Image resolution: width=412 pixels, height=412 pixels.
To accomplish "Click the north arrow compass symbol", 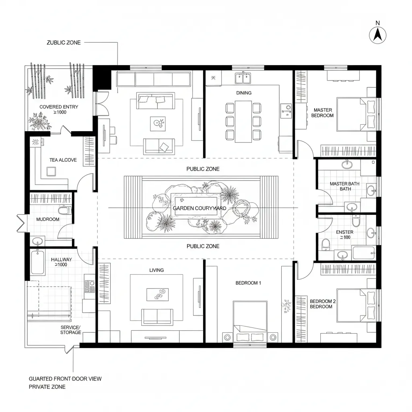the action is [377, 35].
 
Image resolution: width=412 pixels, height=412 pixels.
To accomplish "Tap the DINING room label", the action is [244, 93].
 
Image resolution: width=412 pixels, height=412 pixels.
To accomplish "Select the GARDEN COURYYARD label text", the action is [200, 208].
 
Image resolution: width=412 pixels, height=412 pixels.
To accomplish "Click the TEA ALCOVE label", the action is [63, 160].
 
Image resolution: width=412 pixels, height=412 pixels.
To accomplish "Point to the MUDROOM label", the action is [48, 219].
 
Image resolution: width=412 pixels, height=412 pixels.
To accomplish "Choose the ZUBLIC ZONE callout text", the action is [64, 43].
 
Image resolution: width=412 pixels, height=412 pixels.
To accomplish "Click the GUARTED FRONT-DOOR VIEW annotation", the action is [65, 379].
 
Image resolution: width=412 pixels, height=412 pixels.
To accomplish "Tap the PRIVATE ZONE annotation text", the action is [47, 387].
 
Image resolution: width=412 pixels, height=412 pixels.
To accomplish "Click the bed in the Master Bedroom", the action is [356, 114].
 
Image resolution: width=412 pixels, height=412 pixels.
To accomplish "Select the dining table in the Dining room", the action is [243, 122].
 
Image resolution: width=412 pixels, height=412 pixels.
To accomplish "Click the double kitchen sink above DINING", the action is [243, 78].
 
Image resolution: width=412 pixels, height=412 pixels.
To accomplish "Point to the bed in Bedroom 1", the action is [250, 322].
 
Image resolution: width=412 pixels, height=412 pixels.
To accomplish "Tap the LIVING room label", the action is [157, 270].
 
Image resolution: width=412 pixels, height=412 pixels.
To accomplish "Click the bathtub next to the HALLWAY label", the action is [37, 262].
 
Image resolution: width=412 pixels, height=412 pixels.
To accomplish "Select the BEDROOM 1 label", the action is [248, 283].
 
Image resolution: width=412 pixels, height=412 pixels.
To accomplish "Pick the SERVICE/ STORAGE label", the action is [71, 330].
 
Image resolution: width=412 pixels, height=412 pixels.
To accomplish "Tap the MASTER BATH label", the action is [344, 183].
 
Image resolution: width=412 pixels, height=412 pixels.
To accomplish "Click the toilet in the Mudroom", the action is [64, 210].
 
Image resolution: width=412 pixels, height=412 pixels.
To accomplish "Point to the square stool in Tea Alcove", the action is [51, 171].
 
